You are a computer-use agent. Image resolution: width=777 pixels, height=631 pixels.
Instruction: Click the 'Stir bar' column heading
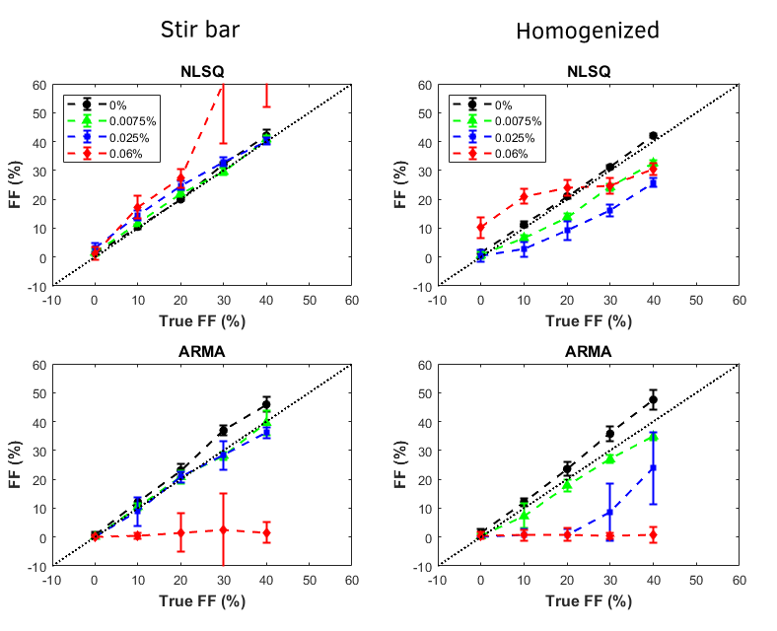[200, 30]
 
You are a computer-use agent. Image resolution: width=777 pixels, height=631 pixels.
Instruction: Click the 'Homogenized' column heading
[588, 31]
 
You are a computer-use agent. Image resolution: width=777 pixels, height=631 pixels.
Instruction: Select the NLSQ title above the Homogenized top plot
[589, 71]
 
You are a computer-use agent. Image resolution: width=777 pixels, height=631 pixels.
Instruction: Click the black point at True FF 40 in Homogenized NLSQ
[653, 135]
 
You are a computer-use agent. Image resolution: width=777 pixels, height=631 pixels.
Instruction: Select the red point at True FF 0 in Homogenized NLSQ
[481, 227]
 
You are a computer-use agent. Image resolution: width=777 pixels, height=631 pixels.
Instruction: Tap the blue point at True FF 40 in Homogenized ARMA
[653, 468]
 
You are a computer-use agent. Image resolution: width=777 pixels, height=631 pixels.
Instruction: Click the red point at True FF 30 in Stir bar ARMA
[223, 529]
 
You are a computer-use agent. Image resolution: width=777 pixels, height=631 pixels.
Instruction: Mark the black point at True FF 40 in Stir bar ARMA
[266, 402]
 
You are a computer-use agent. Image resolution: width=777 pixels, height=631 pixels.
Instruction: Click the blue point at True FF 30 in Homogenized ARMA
[609, 513]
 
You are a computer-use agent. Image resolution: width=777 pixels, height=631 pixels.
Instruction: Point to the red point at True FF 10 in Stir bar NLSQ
[138, 208]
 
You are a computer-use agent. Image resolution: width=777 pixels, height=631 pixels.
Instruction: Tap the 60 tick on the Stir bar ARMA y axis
[38, 365]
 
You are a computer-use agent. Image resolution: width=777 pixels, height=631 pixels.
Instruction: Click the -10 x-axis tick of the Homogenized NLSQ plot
[438, 300]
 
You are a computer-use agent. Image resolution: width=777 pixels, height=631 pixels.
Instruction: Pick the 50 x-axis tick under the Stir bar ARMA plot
[309, 581]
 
